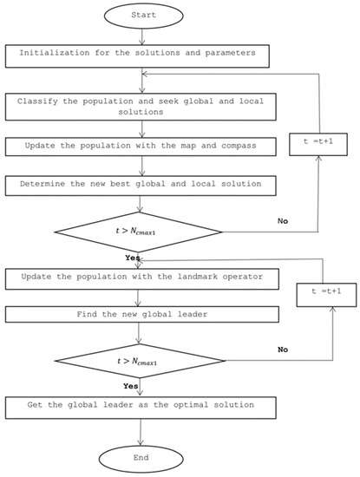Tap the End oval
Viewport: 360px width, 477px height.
click(x=141, y=458)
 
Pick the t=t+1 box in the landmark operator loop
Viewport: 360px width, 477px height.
click(x=317, y=291)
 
